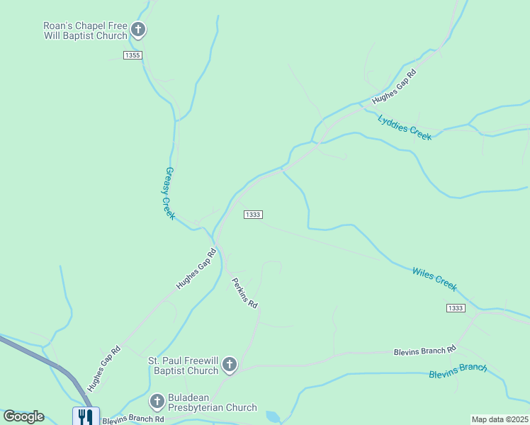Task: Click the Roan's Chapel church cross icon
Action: (138, 30)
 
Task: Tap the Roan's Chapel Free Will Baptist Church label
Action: (85, 30)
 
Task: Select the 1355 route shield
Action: (132, 55)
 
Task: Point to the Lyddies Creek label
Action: (405, 127)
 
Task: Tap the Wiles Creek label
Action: (434, 278)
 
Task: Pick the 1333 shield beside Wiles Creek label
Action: (456, 307)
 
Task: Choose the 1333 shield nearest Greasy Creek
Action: (253, 215)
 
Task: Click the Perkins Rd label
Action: (245, 292)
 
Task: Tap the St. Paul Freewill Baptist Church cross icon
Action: (229, 365)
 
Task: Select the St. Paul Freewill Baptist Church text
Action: (183, 365)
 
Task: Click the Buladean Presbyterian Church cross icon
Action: (157, 402)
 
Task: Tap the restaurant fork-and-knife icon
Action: (85, 416)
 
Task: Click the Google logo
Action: (23, 416)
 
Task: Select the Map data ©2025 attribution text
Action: (499, 419)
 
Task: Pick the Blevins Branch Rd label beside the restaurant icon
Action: (133, 420)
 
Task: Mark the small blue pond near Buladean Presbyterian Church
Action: (272, 416)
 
